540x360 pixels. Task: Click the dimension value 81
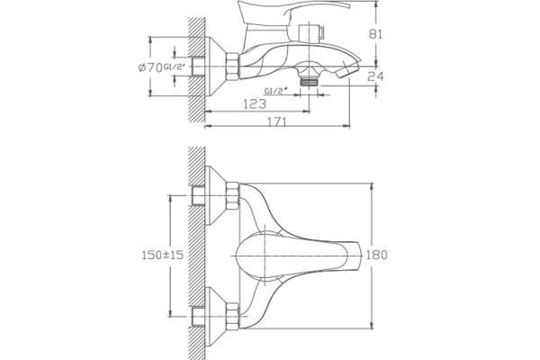pyautogui.click(x=375, y=34)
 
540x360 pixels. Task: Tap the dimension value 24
pyautogui.click(x=375, y=76)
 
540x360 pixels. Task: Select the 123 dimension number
pyautogui.click(x=255, y=103)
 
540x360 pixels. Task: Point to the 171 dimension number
pyautogui.click(x=277, y=121)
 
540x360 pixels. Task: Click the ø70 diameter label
pyautogui.click(x=150, y=67)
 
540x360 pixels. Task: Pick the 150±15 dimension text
pyautogui.click(x=163, y=255)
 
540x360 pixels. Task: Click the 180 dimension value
pyautogui.click(x=376, y=255)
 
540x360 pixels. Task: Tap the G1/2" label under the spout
pyautogui.click(x=276, y=91)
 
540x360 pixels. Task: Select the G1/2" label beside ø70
pyautogui.click(x=176, y=67)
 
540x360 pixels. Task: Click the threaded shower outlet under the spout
pyautogui.click(x=310, y=82)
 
